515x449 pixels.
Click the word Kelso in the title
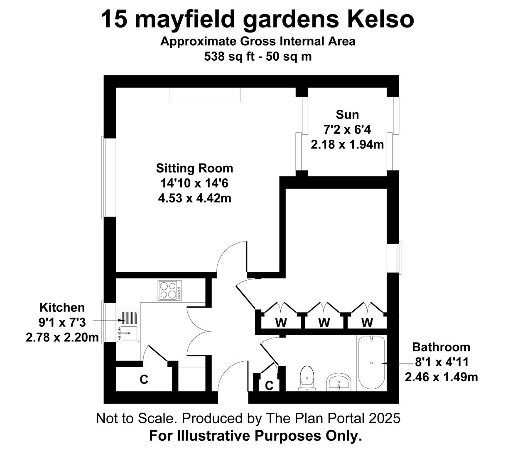tap(380, 20)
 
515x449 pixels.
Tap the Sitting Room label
tap(194, 168)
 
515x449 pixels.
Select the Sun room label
tap(347, 115)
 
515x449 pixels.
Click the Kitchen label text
tap(62, 308)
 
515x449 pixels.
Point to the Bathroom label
tap(441, 347)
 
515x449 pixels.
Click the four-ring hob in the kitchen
tap(169, 291)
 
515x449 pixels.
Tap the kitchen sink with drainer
tap(128, 326)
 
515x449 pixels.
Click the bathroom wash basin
tap(338, 382)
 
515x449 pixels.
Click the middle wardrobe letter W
tap(324, 323)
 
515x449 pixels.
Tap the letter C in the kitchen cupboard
tap(144, 380)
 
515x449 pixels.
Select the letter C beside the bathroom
tap(269, 385)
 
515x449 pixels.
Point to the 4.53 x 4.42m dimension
tap(194, 198)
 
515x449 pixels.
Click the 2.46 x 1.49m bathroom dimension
tap(441, 377)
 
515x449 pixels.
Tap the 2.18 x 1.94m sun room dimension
tap(347, 145)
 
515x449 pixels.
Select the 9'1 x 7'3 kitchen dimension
tap(62, 323)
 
